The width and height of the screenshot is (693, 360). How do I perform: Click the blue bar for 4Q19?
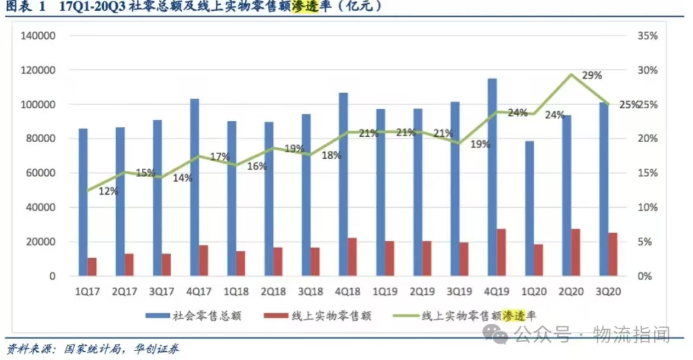(492, 177)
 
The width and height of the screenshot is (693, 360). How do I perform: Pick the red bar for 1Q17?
(92, 267)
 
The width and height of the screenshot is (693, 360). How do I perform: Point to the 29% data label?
(592, 75)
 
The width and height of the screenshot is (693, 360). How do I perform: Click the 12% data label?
(108, 191)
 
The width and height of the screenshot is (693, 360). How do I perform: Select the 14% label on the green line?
(182, 178)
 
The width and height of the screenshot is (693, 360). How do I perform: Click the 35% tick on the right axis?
(648, 36)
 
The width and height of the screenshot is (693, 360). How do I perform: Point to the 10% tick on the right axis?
(648, 208)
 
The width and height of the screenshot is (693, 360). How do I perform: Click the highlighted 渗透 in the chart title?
(306, 7)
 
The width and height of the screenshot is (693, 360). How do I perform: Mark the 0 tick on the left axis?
(52, 277)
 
